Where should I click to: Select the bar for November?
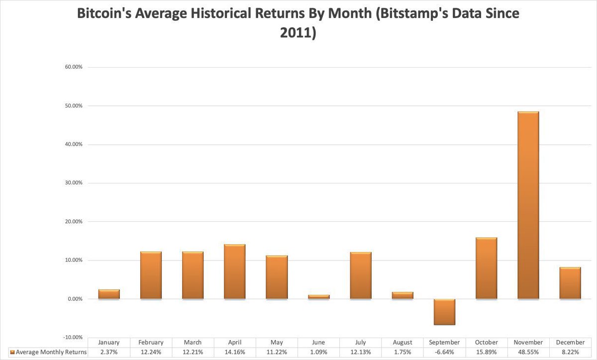(528, 205)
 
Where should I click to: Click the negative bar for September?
(444, 312)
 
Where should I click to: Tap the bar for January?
(109, 294)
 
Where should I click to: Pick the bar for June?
(318, 297)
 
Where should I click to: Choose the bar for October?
(486, 269)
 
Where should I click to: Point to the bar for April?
(234, 271)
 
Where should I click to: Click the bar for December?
(570, 283)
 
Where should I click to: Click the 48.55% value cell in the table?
(528, 352)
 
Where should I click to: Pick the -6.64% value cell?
(444, 352)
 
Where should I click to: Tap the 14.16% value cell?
(234, 352)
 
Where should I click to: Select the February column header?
(151, 343)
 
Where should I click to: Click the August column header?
(402, 343)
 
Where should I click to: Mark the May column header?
(277, 343)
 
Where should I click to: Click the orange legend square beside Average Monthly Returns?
(12, 352)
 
